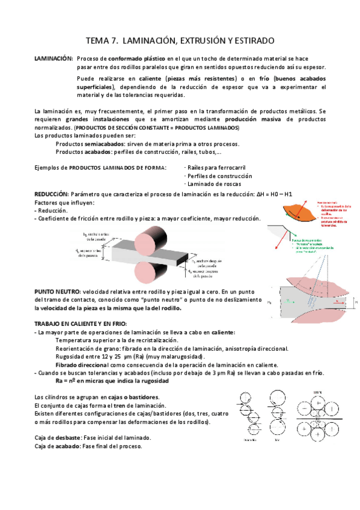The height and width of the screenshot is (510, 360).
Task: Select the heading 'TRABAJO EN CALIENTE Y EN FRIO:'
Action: pyautogui.click(x=81, y=324)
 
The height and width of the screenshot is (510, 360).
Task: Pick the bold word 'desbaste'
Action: pyautogui.click(x=64, y=437)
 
